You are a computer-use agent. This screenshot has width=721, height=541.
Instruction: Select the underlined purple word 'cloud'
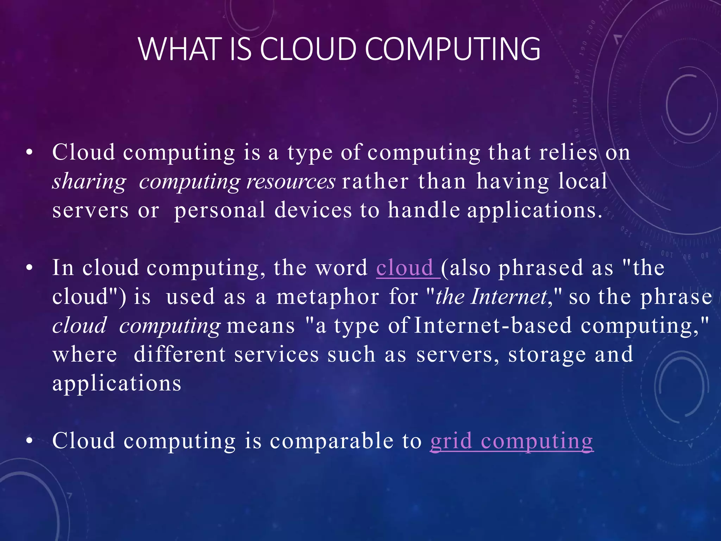(405, 268)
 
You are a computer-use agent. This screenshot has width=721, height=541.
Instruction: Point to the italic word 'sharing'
(89, 182)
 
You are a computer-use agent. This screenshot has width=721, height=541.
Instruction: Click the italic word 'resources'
(291, 182)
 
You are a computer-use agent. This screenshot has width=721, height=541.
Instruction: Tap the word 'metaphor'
(328, 297)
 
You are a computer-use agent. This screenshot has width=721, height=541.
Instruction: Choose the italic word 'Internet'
(509, 297)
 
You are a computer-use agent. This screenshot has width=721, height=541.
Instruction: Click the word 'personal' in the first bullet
(220, 210)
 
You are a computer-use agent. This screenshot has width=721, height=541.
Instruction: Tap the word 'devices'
(313, 210)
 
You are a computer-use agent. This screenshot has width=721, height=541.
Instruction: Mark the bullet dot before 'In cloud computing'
(30, 268)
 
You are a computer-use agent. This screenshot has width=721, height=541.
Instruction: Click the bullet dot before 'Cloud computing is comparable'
(30, 441)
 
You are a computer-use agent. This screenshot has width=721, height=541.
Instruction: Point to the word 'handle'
(424, 210)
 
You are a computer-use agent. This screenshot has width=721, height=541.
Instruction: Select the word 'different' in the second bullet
(180, 354)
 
